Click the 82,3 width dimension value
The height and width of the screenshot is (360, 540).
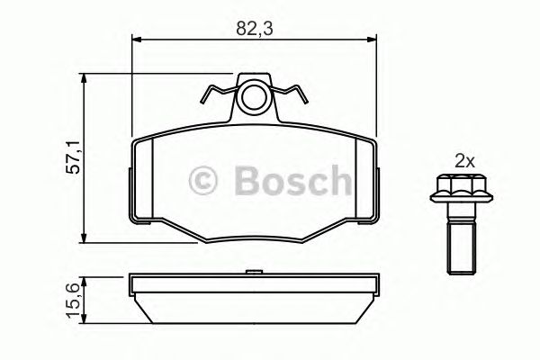click(254, 28)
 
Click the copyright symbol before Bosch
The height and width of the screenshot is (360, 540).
click(205, 181)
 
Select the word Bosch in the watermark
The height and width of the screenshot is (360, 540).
click(287, 180)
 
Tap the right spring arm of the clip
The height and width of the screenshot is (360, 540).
click(293, 93)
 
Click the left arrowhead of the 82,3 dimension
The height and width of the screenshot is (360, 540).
click(138, 39)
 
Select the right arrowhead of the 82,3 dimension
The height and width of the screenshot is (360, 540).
click(372, 39)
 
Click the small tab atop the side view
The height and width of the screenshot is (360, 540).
click(256, 270)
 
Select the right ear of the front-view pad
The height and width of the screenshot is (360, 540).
click(373, 180)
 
